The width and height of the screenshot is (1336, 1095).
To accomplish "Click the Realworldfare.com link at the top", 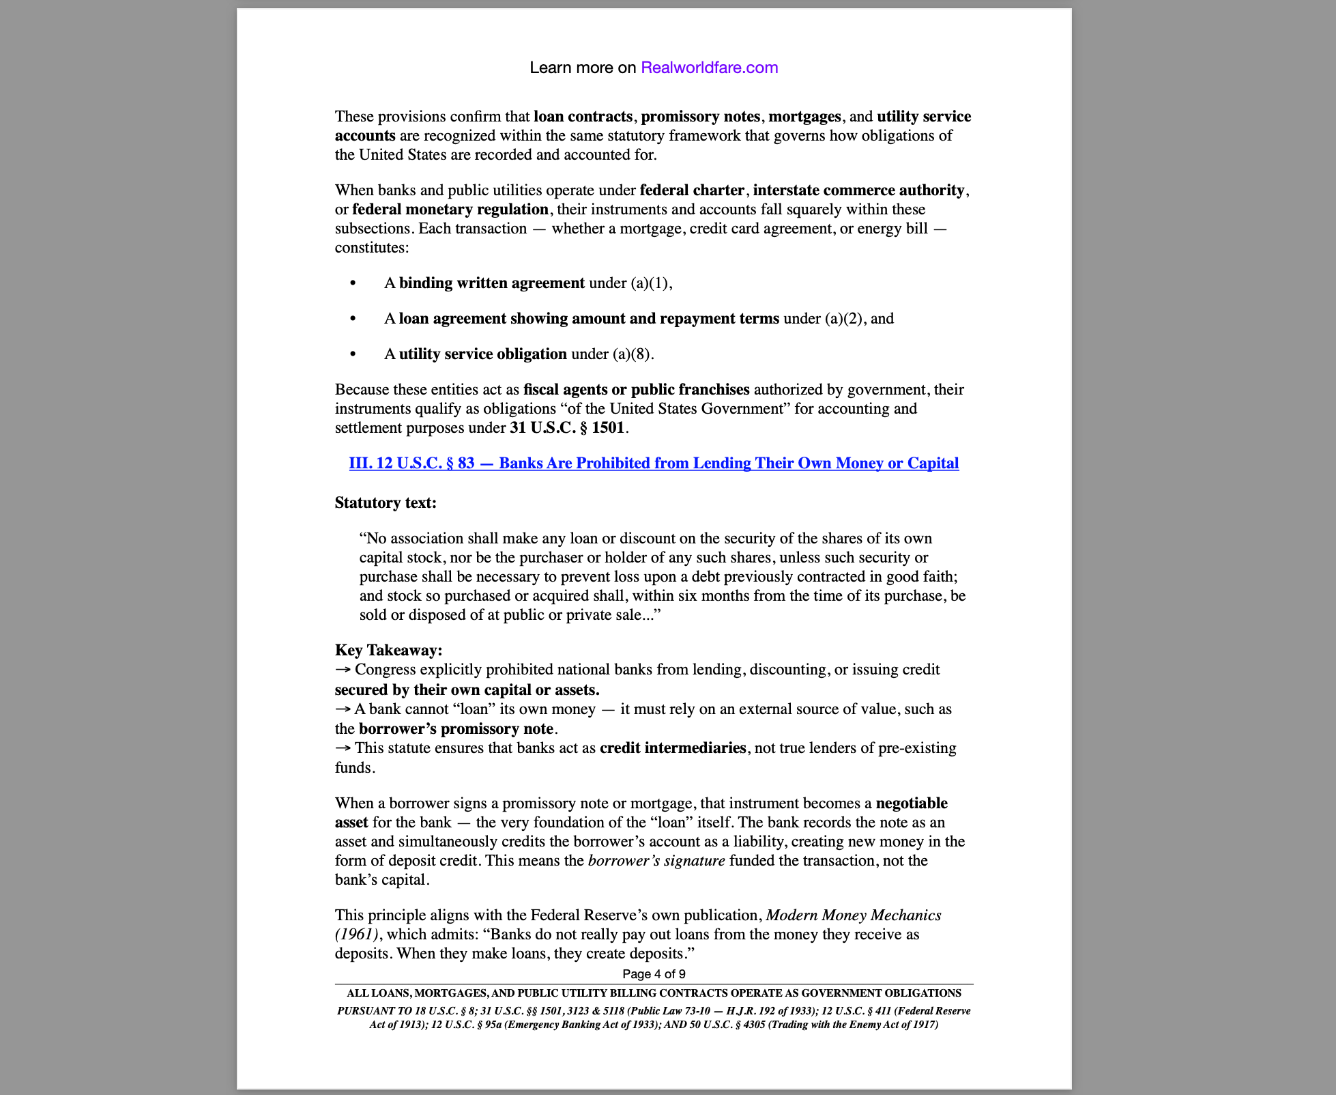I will pyautogui.click(x=709, y=68).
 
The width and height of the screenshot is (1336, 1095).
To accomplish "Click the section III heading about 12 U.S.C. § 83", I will pyautogui.click(x=654, y=463).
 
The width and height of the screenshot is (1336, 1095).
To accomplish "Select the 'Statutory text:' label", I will pyautogui.click(x=386, y=503).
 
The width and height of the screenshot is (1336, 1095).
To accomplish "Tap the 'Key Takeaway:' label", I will pyautogui.click(x=388, y=650).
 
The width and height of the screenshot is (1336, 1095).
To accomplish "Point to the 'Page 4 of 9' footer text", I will pyautogui.click(x=654, y=973).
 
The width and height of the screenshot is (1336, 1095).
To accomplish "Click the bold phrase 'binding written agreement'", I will pyautogui.click(x=491, y=283).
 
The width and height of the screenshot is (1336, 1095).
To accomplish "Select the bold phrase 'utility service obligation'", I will pyautogui.click(x=482, y=354).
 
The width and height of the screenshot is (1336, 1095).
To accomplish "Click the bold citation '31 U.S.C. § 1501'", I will pyautogui.click(x=566, y=428).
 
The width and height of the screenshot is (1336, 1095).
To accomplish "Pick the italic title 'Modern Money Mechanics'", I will pyautogui.click(x=854, y=915).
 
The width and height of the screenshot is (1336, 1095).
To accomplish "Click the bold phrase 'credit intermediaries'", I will pyautogui.click(x=673, y=748).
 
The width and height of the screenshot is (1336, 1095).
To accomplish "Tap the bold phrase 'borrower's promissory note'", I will pyautogui.click(x=456, y=728).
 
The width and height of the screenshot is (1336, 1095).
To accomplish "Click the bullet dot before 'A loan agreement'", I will pyautogui.click(x=353, y=318).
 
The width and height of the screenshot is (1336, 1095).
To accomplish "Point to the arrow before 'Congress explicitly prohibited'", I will pyautogui.click(x=343, y=670).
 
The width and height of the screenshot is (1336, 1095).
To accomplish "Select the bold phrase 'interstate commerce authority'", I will pyautogui.click(x=858, y=190).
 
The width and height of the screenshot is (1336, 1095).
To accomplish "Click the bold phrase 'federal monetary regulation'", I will pyautogui.click(x=450, y=209).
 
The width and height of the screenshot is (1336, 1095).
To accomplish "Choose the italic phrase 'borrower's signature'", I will pyautogui.click(x=656, y=860).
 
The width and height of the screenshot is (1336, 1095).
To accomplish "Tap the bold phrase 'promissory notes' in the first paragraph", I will pyautogui.click(x=700, y=116).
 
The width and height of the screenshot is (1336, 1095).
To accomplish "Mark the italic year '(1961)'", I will pyautogui.click(x=357, y=934).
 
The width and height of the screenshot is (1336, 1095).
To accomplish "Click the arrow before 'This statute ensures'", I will pyautogui.click(x=343, y=748).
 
